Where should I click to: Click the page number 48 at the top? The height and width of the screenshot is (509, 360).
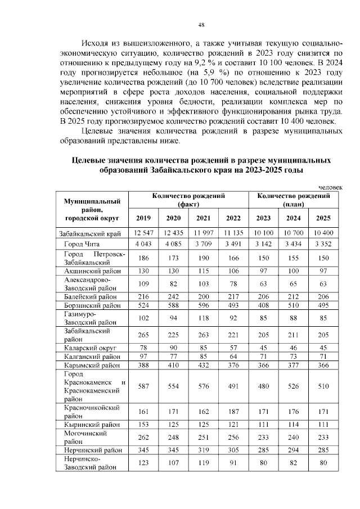[201, 25]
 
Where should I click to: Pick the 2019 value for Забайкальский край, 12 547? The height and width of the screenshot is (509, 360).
[143, 232]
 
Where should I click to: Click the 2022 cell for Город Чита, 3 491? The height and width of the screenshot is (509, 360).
[233, 244]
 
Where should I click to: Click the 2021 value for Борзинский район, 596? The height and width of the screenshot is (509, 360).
[203, 305]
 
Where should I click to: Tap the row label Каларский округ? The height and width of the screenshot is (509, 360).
[85, 347]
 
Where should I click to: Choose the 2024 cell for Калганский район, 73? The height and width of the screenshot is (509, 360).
[292, 356]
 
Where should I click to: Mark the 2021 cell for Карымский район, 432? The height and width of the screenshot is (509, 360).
[203, 366]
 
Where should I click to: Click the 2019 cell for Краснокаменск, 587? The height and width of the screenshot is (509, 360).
[143, 386]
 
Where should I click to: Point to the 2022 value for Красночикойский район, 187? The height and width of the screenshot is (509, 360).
[233, 412]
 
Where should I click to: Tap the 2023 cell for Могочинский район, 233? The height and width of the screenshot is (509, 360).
[263, 437]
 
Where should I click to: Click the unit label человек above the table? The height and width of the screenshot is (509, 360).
[330, 187]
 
